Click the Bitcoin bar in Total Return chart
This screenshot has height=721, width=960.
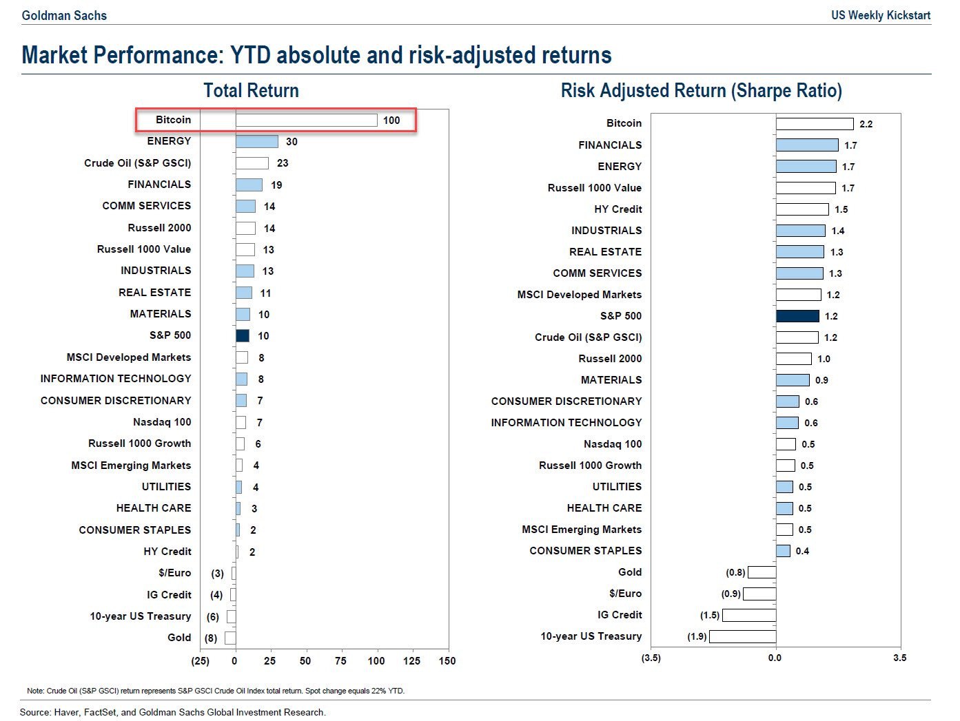[x=306, y=121]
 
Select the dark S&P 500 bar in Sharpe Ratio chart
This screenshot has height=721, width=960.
[x=797, y=316]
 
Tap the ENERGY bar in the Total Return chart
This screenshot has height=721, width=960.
[x=256, y=142]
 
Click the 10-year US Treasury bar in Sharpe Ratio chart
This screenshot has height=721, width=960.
[x=742, y=636]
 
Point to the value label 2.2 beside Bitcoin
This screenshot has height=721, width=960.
[x=866, y=124]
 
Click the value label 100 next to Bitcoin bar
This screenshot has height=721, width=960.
[x=391, y=121]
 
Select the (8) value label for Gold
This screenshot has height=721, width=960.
[x=211, y=638]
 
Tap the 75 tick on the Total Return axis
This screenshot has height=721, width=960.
[x=340, y=661]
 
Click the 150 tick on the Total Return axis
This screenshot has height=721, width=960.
[x=447, y=661]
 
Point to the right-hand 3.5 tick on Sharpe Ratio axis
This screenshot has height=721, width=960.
[x=899, y=658]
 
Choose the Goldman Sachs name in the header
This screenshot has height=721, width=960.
[x=64, y=15]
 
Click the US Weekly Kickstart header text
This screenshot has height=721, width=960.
[x=880, y=15]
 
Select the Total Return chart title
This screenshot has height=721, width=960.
[x=251, y=91]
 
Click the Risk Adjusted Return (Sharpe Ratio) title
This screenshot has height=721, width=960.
[x=701, y=91]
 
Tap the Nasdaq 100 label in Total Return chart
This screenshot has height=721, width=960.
[x=162, y=422]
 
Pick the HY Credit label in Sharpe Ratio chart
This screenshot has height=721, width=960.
[x=617, y=209]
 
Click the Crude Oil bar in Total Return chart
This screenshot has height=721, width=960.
[x=252, y=163]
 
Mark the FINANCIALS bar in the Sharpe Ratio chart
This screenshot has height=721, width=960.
[x=806, y=145]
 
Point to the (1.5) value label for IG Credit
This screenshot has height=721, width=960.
[x=709, y=616]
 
